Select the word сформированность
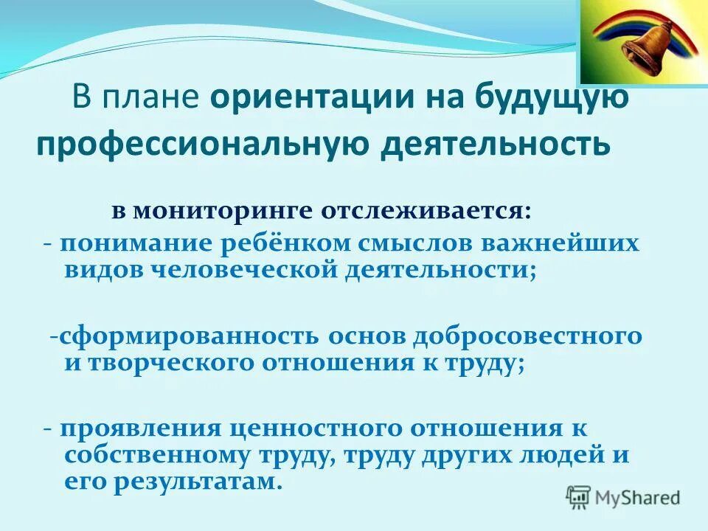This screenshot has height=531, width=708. [190, 336]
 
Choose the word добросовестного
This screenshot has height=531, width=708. [527, 336]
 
